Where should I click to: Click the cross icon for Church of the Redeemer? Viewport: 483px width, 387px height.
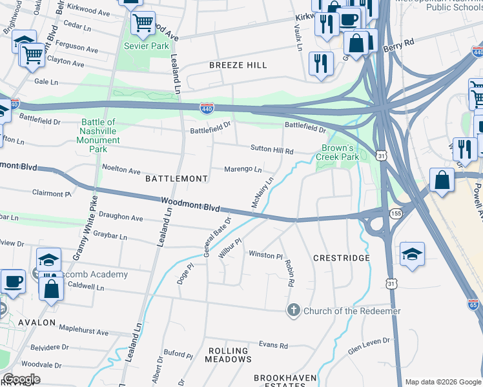point(294,311)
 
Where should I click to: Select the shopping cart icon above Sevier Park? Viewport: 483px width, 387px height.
point(143,23)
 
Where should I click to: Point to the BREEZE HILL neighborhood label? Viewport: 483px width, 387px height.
point(238,65)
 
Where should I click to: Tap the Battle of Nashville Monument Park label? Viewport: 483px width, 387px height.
point(98,135)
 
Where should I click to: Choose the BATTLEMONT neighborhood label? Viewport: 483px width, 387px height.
point(176,178)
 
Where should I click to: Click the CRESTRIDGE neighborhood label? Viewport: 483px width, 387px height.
point(341,258)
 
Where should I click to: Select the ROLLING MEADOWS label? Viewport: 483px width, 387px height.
point(229,355)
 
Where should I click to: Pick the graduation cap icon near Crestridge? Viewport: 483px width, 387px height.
point(412,253)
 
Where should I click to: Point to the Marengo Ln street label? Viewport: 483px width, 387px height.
point(243,170)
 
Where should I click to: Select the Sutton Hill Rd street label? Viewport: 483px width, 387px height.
point(272,150)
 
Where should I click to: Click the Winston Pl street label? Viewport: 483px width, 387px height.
point(266,255)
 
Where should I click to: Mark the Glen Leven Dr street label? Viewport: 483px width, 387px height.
point(369,344)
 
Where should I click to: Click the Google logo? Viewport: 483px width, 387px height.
point(21,379)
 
